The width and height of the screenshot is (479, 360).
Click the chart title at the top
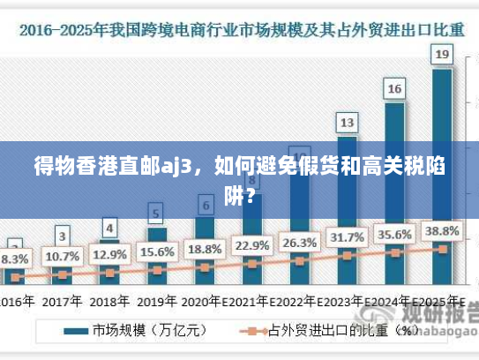click(x=239, y=28)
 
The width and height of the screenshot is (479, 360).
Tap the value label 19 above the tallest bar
click(x=443, y=55)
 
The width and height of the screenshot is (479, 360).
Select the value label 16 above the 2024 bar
click(x=395, y=88)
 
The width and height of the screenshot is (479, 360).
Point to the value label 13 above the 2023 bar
click(x=348, y=122)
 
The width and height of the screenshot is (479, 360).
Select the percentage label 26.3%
click(x=300, y=242)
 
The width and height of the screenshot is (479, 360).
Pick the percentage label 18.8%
click(x=205, y=249)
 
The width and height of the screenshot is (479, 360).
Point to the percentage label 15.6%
click(x=157, y=252)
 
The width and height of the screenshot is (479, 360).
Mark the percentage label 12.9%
click(x=109, y=255)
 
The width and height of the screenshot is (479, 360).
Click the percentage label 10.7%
click(x=62, y=257)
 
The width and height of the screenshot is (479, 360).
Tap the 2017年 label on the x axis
click(x=62, y=301)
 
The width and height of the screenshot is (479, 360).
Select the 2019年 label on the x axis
click(x=157, y=301)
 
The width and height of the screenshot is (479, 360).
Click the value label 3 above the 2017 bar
click(x=62, y=236)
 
